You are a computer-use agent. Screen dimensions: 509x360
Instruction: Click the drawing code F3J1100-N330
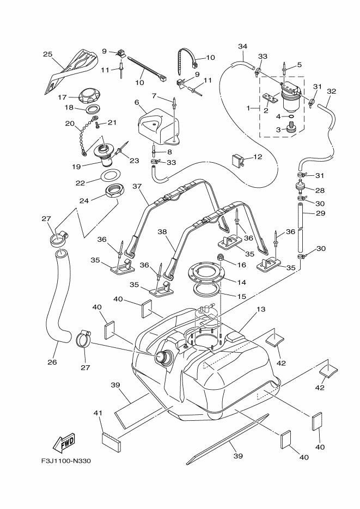tap(65, 461)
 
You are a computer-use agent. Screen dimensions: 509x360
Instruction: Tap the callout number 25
tap(48, 54)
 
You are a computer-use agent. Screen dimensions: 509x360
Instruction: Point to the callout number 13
tap(261, 309)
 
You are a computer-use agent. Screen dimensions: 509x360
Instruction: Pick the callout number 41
tap(98, 414)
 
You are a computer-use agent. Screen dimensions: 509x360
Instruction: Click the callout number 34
tap(243, 47)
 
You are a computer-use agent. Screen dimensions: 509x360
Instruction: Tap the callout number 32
tap(331, 91)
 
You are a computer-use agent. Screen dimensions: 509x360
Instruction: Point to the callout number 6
tap(137, 102)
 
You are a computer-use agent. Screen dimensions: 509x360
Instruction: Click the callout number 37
tap(137, 186)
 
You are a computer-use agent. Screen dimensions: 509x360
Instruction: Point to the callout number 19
tap(76, 166)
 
